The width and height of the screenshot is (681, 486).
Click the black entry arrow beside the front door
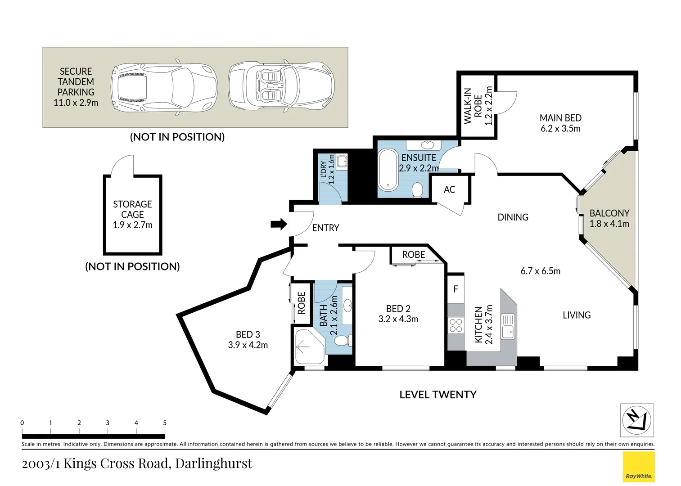click(x=279, y=225)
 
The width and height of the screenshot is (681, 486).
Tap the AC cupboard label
click(x=449, y=189)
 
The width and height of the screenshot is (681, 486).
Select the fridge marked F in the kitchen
click(x=456, y=289)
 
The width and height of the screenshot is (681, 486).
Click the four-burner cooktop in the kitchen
click(x=456, y=325)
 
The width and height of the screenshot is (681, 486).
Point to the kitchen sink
click(x=508, y=326)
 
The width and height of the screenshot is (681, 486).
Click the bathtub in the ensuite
click(x=388, y=170)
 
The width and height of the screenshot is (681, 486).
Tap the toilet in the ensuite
click(x=417, y=190)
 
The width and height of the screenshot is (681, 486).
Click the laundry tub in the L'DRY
click(x=342, y=161)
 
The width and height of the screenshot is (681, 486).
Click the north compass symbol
click(x=637, y=420)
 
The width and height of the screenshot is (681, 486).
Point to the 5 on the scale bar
click(x=165, y=423)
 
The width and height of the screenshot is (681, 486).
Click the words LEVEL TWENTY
click(x=438, y=395)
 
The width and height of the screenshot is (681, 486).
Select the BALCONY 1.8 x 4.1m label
click(x=609, y=219)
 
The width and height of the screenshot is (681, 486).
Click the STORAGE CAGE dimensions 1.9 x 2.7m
click(x=132, y=225)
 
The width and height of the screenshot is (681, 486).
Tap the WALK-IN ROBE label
click(x=473, y=106)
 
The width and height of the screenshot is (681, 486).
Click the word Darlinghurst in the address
click(x=214, y=463)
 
